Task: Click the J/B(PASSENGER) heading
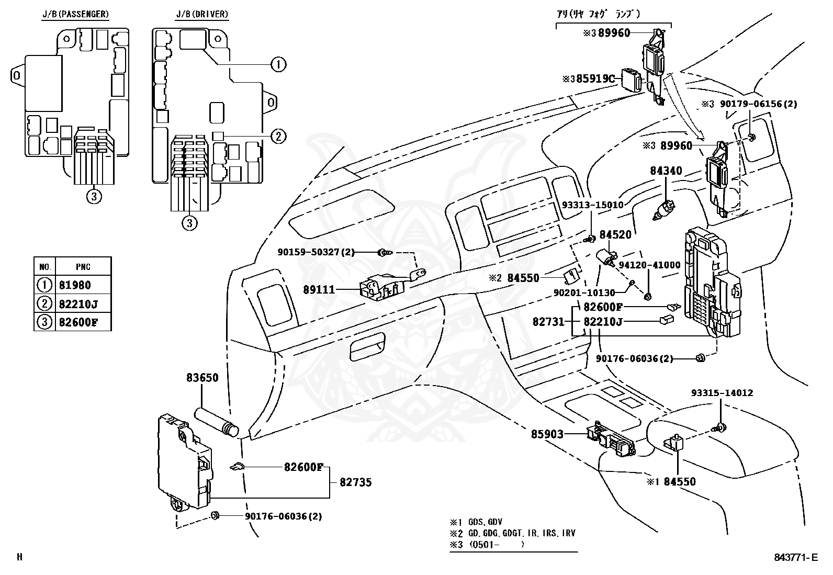[x=75, y=14]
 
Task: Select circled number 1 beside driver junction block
[x=278, y=64]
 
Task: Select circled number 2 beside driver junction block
[x=278, y=137]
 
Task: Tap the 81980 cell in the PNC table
[x=75, y=285]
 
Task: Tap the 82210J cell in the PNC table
[x=78, y=303]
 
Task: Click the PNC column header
[x=83, y=267]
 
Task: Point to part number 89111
[x=319, y=289]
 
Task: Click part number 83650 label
[x=202, y=378]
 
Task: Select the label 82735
[x=355, y=482]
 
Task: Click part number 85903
[x=547, y=434]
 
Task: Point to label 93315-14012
[x=722, y=393]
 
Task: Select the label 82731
[x=548, y=321]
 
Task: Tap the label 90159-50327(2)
[x=316, y=253]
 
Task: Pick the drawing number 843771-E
[x=795, y=558]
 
